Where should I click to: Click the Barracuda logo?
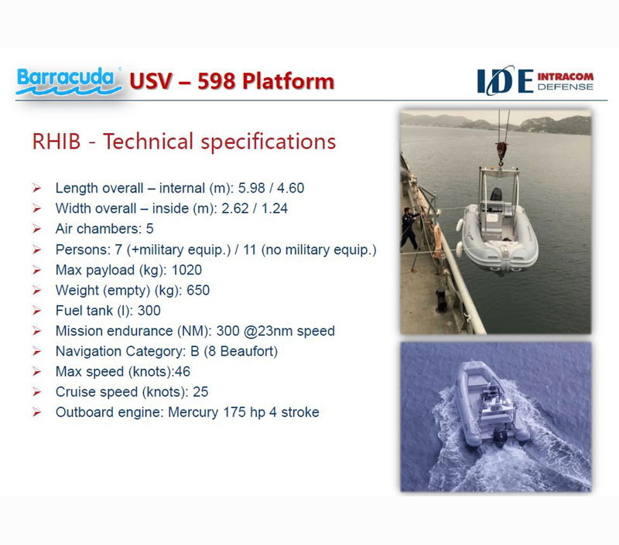pyautogui.click(x=69, y=81)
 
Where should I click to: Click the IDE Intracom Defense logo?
pyautogui.click(x=535, y=80)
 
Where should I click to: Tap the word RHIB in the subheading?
pyautogui.click(x=56, y=141)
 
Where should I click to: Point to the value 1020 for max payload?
pyautogui.click(x=186, y=270)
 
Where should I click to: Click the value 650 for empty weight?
pyautogui.click(x=198, y=290)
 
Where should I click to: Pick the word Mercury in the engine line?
pyautogui.click(x=193, y=413)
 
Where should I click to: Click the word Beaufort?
pyautogui.click(x=248, y=352)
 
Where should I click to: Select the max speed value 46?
pyautogui.click(x=183, y=372)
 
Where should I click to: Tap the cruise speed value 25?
pyautogui.click(x=200, y=392)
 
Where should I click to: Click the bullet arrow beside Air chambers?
pyautogui.click(x=36, y=229)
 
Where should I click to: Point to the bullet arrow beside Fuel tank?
pyautogui.click(x=36, y=311)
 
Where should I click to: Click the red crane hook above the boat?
pyautogui.click(x=501, y=152)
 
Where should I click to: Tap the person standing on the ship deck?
pyautogui.click(x=409, y=228)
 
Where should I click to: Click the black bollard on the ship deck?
pyautogui.click(x=441, y=300)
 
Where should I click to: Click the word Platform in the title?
pyautogui.click(x=288, y=81)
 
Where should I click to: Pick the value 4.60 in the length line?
pyautogui.click(x=291, y=188)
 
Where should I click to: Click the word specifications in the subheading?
pyautogui.click(x=268, y=142)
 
